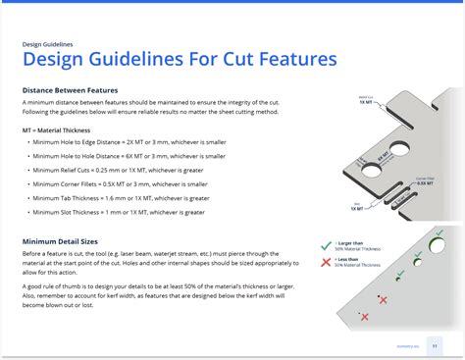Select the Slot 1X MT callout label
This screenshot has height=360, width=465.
click(355, 207)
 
